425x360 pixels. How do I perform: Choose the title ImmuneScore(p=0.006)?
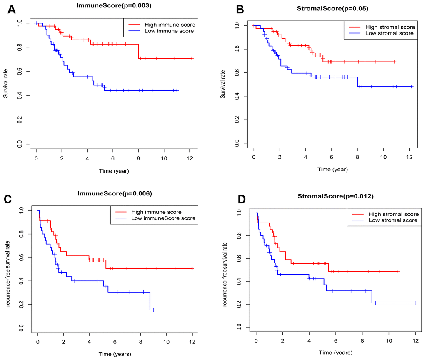point(115,193)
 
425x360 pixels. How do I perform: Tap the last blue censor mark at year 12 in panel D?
point(415,303)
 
